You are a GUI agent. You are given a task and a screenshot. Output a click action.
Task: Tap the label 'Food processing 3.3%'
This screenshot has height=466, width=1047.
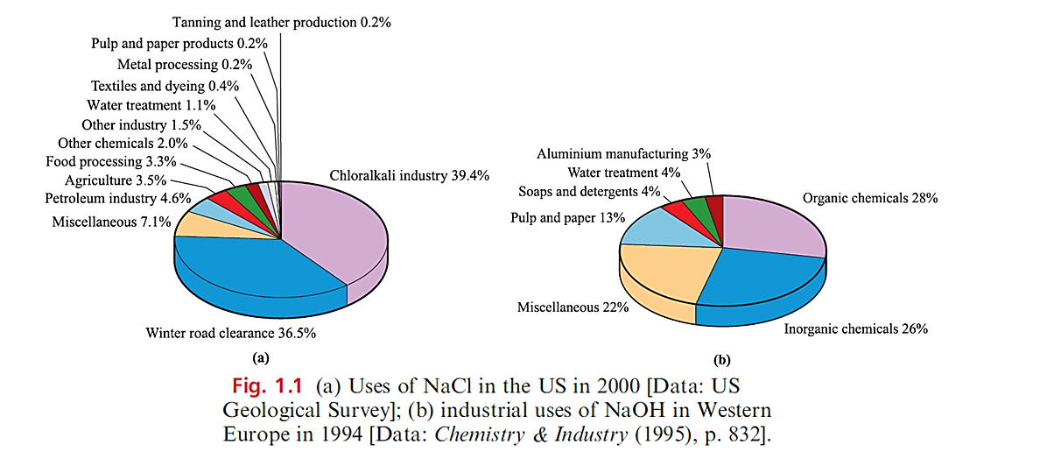[x=111, y=161]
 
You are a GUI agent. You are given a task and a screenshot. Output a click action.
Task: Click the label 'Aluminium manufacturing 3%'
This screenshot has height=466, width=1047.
[x=624, y=153]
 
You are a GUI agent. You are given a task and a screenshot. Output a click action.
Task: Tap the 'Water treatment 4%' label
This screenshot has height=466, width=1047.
[x=624, y=173]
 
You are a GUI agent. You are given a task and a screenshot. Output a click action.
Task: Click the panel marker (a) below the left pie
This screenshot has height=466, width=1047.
[x=259, y=357]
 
